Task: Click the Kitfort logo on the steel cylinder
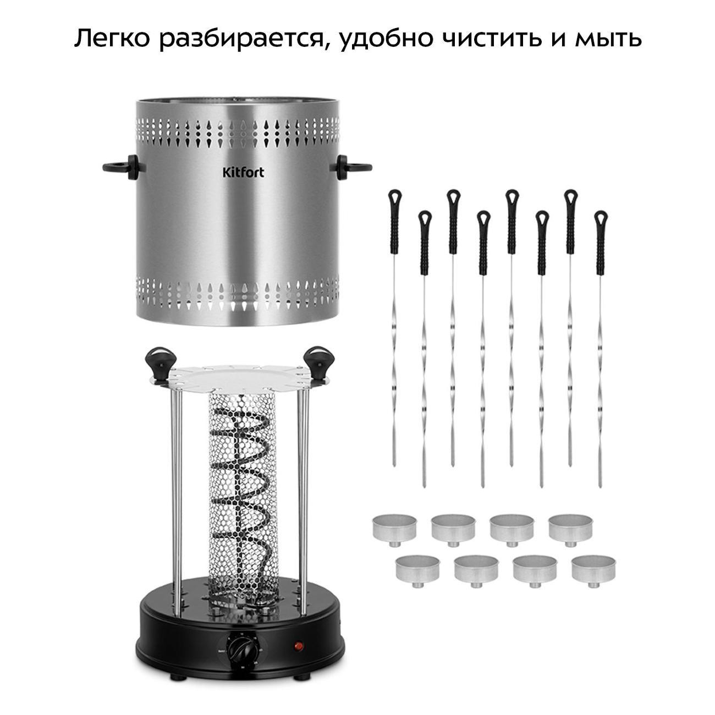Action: coord(243,172)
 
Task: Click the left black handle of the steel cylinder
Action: coord(122,167)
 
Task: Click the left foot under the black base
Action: coord(180,686)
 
